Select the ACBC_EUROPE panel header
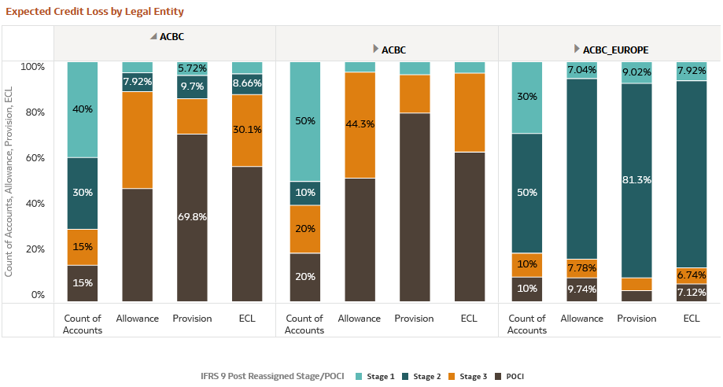point(615,50)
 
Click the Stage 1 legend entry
point(378,377)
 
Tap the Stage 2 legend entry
point(422,377)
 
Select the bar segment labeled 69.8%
point(193,217)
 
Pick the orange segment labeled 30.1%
point(248,130)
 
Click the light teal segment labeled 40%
point(83,109)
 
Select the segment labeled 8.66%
point(248,84)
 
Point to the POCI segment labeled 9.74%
point(581,289)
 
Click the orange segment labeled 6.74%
point(692,276)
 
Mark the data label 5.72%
point(193,69)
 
